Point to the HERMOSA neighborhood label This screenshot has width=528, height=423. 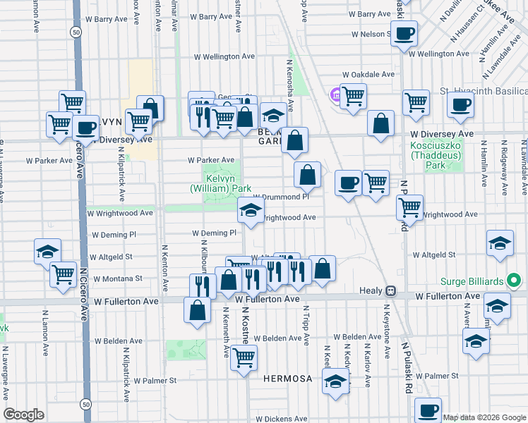pyautogui.click(x=287, y=379)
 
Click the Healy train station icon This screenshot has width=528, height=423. pyautogui.click(x=390, y=290)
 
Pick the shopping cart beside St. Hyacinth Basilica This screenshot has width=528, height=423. pyautogui.click(x=353, y=95)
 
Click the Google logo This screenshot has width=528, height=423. pyautogui.click(x=23, y=414)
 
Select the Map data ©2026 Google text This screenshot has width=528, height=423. pyautogui.click(x=484, y=417)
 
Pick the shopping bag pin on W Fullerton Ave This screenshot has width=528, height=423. pyautogui.click(x=197, y=309)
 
